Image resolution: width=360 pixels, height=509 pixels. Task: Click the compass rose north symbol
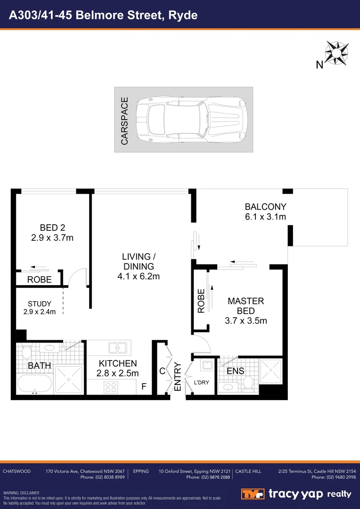(x=336, y=53)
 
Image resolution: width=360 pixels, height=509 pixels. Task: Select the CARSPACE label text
(x=124, y=121)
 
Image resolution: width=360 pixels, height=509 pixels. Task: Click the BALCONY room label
(x=265, y=206)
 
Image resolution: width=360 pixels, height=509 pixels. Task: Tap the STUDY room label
(x=40, y=304)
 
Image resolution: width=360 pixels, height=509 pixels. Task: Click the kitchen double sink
(x=117, y=348)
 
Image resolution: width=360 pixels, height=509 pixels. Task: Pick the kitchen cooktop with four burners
(x=110, y=387)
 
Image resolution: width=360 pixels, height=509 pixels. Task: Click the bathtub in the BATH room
(x=33, y=384)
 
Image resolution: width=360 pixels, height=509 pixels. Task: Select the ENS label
(x=236, y=371)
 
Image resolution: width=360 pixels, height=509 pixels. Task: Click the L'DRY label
(x=201, y=382)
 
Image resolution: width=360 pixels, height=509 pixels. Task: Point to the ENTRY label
(x=178, y=376)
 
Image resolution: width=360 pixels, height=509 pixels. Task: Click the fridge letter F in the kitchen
(x=144, y=387)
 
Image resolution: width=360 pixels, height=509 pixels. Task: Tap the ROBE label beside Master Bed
(x=201, y=301)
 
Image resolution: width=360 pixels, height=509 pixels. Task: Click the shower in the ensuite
(x=270, y=371)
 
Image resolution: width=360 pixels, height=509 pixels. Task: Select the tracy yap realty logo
(x=296, y=493)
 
